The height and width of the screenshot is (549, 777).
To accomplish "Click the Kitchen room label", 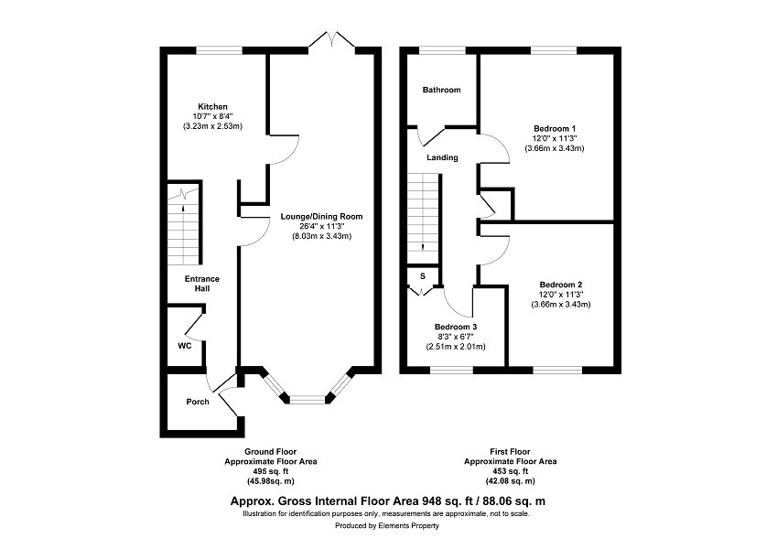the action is [212, 106].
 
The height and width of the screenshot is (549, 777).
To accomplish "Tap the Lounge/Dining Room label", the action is [321, 217].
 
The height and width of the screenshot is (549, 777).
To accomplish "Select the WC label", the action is [185, 346].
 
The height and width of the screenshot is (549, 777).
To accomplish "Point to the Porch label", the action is [198, 402].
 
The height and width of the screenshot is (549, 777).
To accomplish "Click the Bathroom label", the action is [441, 90].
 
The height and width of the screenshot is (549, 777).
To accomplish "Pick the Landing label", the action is [443, 157].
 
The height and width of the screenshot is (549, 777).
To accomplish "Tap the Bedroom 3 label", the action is [456, 327].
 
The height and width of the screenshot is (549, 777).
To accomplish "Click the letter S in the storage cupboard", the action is [423, 276].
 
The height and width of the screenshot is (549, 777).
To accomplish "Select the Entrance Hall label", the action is [201, 284].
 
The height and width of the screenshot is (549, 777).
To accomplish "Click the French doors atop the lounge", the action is [332, 40].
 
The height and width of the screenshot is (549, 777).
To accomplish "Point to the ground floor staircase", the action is [184, 225].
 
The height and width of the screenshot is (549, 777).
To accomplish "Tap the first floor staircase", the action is [423, 219].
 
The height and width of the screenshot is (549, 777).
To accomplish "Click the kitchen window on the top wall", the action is [219, 49].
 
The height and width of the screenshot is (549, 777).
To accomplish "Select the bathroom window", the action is [442, 49].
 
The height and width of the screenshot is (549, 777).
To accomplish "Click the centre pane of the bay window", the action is [308, 398].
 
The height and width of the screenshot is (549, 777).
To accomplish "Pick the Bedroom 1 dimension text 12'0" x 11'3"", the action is [555, 138].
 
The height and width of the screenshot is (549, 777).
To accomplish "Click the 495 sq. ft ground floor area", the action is [271, 471].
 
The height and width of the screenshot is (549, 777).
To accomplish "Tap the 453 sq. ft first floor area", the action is [510, 471].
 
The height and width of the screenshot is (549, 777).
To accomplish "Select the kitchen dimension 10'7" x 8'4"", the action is [212, 116].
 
